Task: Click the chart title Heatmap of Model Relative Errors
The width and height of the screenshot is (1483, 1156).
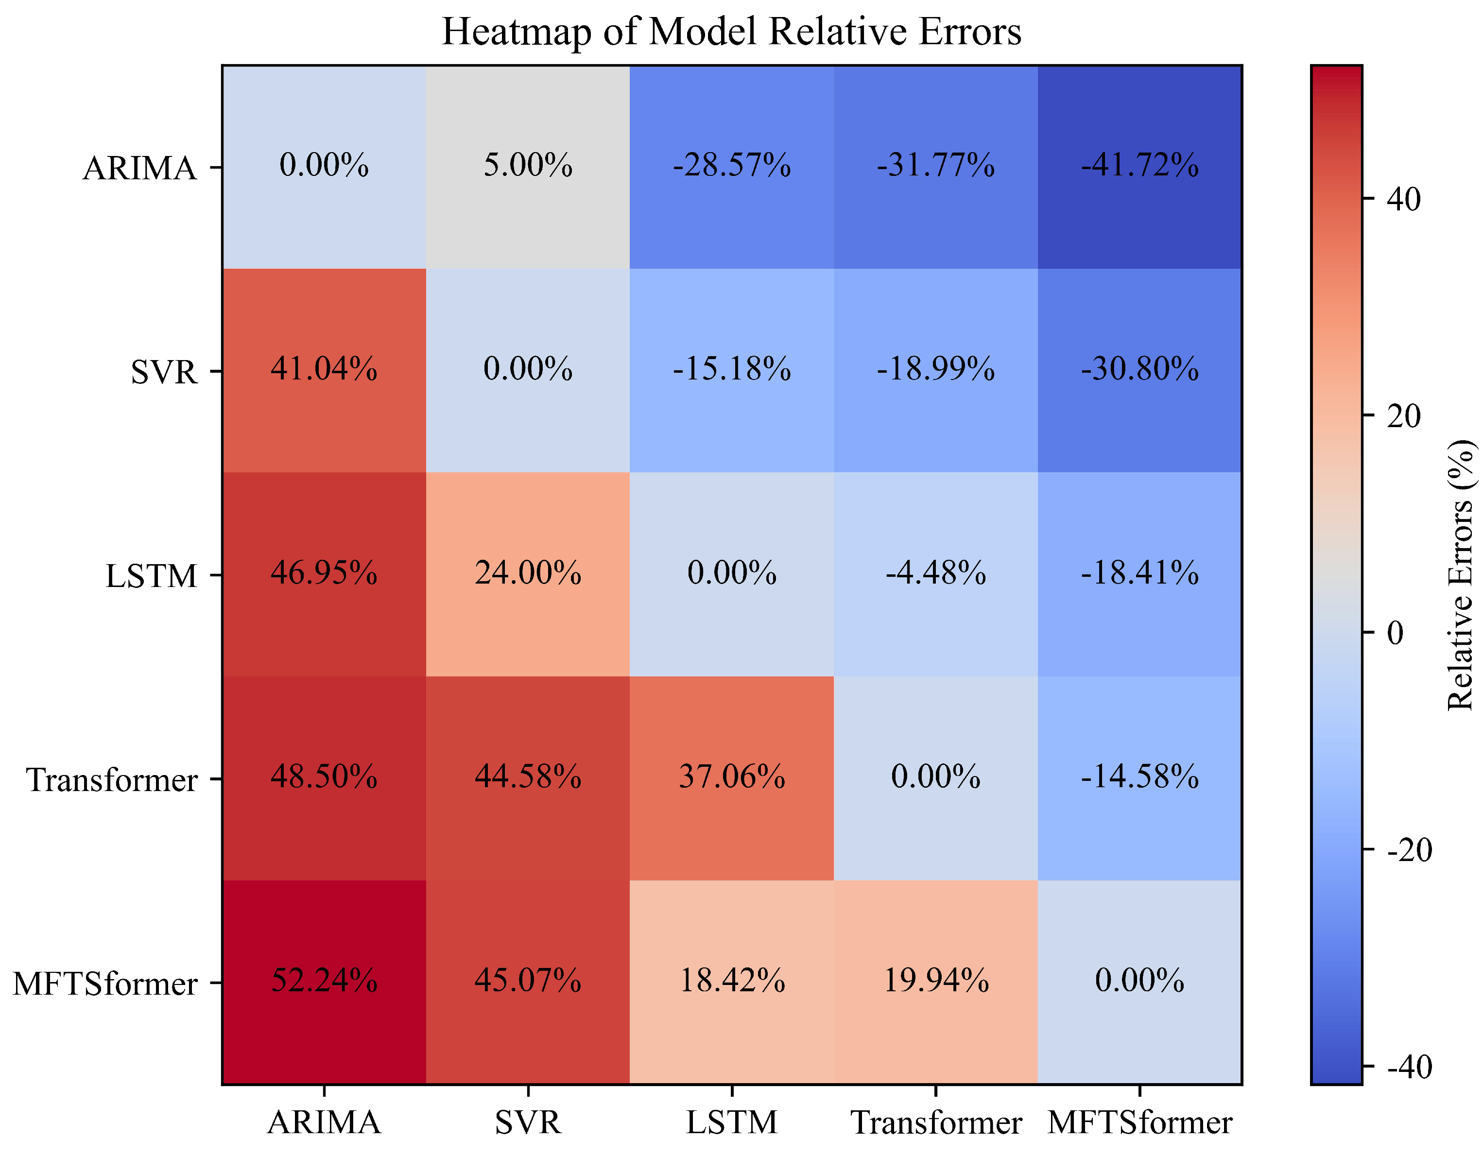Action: (731, 31)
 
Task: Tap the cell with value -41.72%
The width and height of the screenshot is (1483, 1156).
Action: (1139, 166)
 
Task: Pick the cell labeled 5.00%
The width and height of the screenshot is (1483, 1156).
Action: (528, 166)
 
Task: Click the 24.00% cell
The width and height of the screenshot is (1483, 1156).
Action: (528, 573)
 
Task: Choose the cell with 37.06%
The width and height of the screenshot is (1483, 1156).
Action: (731, 777)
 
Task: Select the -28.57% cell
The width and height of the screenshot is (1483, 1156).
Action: (731, 166)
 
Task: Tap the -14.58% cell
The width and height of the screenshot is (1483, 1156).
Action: (1139, 777)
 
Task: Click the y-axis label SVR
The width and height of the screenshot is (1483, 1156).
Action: (164, 372)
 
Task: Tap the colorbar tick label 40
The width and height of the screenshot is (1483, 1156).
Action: (1403, 200)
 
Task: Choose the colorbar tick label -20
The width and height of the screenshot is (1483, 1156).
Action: (1409, 850)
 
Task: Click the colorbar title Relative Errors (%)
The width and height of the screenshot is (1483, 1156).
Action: (1460, 575)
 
